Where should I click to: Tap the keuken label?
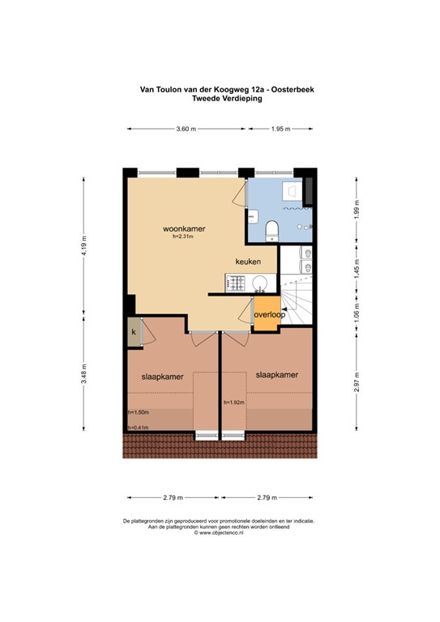249,262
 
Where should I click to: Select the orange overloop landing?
267,314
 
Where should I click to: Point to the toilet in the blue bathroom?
271,230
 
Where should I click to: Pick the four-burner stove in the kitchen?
236,283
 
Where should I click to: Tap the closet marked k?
132,331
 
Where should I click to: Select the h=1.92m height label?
234,402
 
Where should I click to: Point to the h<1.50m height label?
139,412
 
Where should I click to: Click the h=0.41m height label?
139,428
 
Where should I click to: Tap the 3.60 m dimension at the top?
186,129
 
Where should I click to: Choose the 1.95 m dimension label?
280,129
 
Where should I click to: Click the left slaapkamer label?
160,377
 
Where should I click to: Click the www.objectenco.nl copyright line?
219,532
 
